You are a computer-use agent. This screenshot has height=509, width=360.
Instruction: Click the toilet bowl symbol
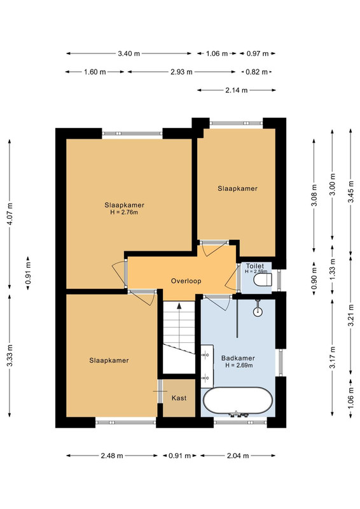click(263, 280)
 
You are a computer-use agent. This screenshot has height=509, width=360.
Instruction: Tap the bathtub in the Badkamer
click(238, 401)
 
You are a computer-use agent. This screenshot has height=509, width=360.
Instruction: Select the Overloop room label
click(186, 281)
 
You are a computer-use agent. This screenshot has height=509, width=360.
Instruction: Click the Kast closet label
click(179, 398)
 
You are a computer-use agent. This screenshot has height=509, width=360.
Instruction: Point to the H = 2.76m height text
click(124, 213)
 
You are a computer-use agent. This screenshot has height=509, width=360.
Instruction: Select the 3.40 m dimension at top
click(129, 53)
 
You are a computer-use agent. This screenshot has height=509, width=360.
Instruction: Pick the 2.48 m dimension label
click(112, 456)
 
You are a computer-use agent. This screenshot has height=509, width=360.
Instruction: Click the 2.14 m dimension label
click(237, 90)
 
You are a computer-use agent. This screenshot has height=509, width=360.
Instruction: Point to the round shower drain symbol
click(258, 311)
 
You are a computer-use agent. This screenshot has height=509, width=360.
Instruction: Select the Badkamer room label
click(238, 358)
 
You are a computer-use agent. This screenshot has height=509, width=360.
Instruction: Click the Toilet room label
click(255, 266)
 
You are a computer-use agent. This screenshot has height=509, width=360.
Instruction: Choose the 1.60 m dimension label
click(95, 72)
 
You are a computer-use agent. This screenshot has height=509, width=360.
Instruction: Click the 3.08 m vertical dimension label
click(314, 195)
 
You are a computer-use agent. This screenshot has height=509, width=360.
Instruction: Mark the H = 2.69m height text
click(239, 365)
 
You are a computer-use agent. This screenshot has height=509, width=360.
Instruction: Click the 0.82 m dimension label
click(256, 72)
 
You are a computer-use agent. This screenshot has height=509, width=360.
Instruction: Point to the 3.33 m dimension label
click(10, 356)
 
